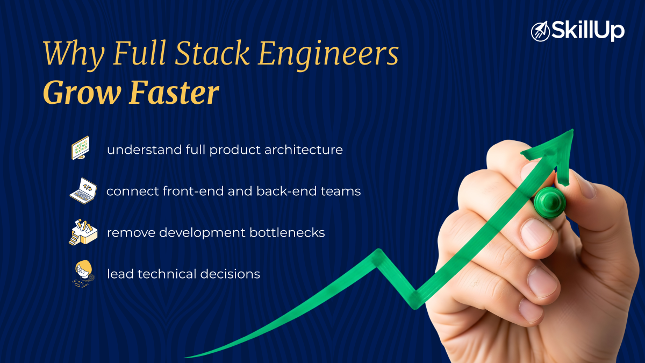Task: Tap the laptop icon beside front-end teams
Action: (x=82, y=191)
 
